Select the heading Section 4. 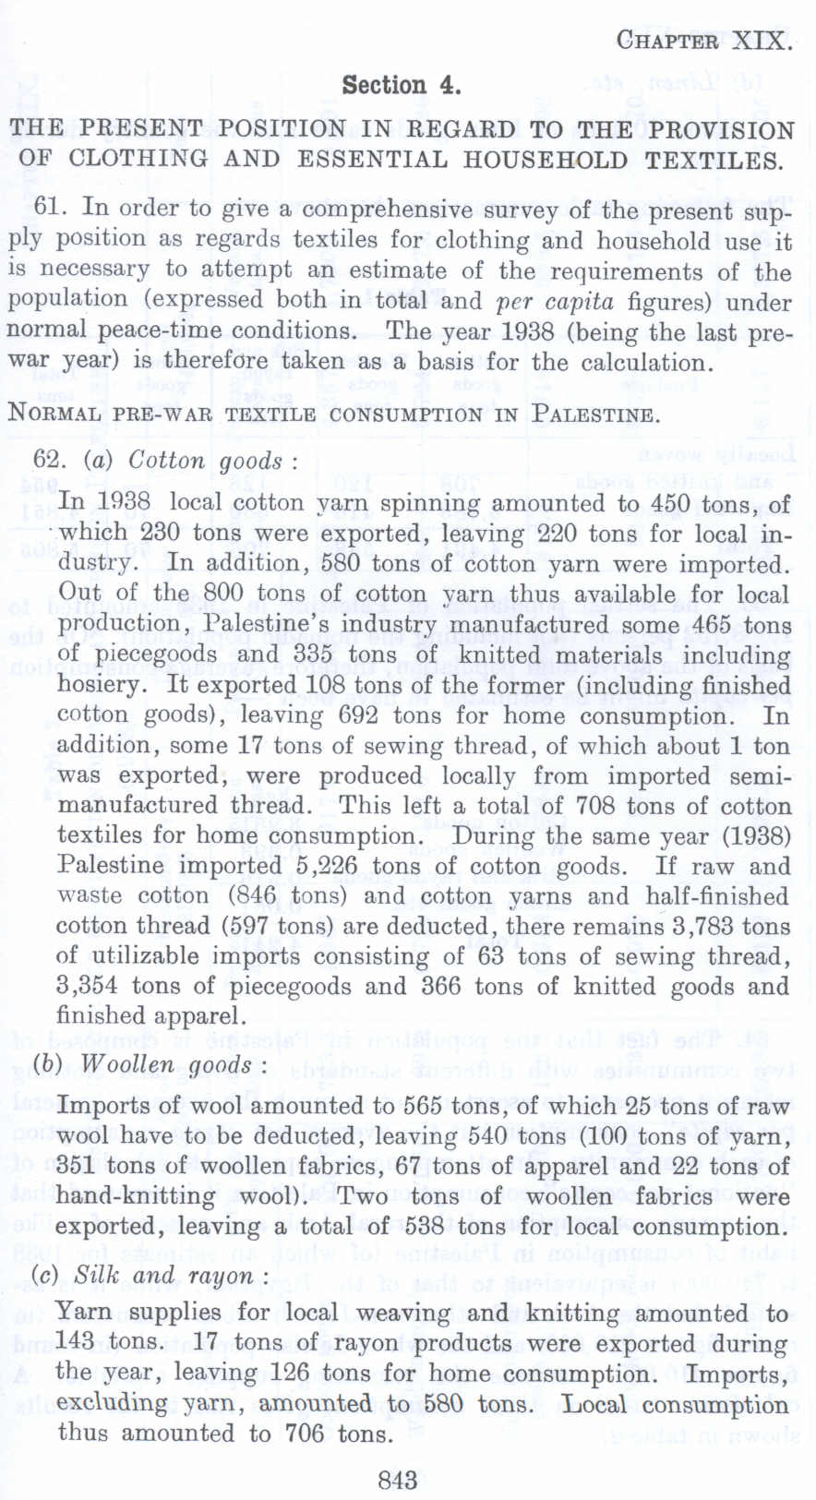tap(401, 86)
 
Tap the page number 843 tap(398, 1481)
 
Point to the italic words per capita tap(555, 302)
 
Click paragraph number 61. tap(47, 207)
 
